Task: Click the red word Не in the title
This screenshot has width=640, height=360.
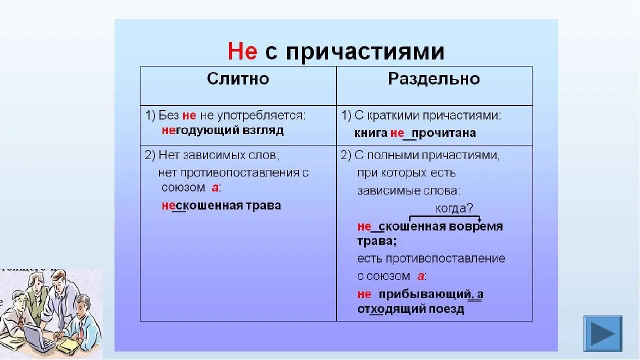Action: point(242,51)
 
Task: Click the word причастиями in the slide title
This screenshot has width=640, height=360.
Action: point(365,52)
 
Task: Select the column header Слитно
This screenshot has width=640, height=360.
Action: point(238,78)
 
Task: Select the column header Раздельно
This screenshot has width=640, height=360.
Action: point(434,78)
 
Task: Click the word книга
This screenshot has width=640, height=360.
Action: point(370,133)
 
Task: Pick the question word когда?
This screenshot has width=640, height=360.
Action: point(454,208)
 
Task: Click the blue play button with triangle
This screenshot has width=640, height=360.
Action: point(602,333)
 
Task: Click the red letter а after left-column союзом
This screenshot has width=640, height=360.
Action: point(214,188)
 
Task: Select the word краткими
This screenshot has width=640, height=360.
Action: point(393,116)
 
